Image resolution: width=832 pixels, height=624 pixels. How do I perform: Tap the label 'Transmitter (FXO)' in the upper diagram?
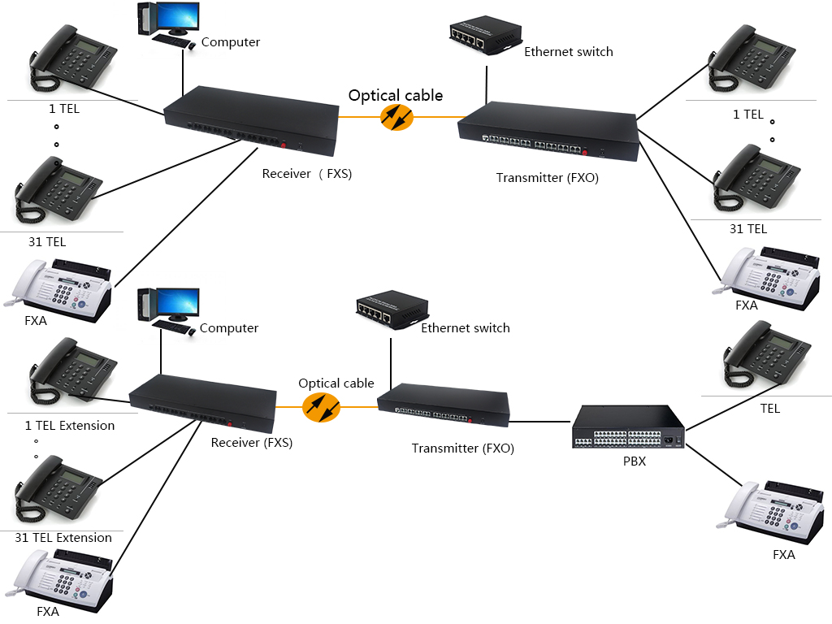(547, 178)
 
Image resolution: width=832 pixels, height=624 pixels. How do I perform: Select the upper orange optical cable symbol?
(396, 118)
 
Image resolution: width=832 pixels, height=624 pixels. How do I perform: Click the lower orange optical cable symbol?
(321, 407)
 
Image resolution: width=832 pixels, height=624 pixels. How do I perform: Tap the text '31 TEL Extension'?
(63, 538)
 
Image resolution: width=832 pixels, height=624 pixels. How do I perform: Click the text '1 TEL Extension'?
(70, 426)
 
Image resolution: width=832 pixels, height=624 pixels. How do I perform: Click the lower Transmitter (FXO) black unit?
(444, 405)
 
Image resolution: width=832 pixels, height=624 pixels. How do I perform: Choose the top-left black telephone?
(72, 61)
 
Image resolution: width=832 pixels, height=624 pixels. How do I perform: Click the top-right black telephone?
(751, 59)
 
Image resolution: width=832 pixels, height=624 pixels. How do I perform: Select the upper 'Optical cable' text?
(396, 96)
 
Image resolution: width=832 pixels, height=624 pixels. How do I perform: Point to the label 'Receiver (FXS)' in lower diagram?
(251, 443)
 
